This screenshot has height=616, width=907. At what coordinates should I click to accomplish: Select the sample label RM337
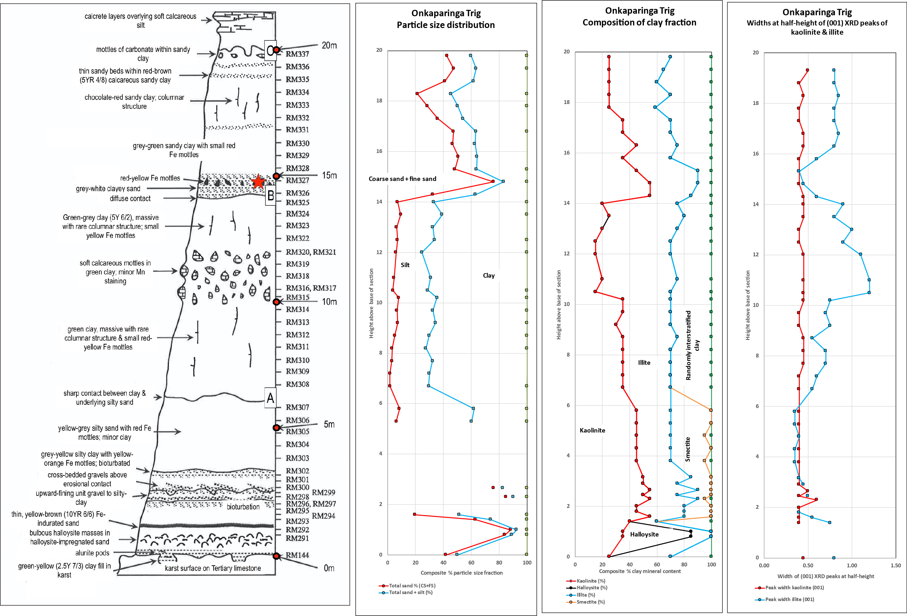297,54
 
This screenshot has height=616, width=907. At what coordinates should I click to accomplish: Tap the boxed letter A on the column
270,398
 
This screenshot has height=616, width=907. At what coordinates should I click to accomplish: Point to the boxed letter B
270,196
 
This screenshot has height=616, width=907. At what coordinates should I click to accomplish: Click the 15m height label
329,176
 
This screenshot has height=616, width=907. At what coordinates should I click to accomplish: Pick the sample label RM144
297,555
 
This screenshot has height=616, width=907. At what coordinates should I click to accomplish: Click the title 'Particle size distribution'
446,25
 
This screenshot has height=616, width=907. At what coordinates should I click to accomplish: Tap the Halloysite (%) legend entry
592,587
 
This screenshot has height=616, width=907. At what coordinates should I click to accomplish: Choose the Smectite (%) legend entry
590,602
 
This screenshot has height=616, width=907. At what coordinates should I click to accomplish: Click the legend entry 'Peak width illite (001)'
790,599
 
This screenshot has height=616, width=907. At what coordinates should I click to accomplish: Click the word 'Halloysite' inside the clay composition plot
644,535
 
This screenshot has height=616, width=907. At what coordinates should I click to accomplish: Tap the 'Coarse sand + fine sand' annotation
402,179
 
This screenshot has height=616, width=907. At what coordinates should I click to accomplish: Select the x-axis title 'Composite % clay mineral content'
640,571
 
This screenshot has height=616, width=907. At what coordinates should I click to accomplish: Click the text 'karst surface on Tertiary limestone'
213,568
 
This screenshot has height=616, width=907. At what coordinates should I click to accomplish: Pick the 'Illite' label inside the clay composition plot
644,363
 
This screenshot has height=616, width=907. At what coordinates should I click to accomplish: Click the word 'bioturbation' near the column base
243,507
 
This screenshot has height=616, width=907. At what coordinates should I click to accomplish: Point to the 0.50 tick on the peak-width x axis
807,565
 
